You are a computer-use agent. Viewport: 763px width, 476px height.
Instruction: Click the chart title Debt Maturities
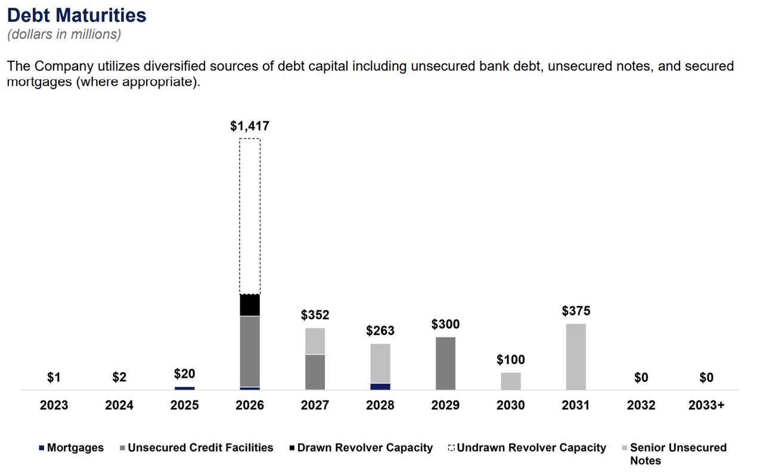(77, 15)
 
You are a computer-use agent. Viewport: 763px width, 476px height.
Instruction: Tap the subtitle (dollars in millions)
(64, 35)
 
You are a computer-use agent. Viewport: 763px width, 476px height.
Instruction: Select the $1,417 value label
(250, 126)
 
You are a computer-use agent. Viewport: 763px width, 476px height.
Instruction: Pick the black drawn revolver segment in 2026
(250, 305)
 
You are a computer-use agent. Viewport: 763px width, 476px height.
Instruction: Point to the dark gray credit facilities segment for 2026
(250, 351)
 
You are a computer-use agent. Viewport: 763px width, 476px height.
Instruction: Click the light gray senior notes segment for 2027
(315, 341)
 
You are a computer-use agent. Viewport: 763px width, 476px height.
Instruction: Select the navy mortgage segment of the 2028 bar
(380, 387)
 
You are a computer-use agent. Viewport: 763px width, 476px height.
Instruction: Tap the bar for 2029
(445, 363)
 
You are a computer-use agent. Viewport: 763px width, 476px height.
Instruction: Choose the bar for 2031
(576, 356)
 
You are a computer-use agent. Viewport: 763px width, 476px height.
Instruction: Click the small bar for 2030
(511, 381)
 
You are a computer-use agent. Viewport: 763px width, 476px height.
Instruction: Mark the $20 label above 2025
(184, 374)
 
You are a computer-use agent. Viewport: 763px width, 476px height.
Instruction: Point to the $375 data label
(576, 311)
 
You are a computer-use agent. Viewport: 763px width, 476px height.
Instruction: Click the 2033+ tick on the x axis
(706, 406)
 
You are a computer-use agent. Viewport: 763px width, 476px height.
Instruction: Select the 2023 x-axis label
(54, 406)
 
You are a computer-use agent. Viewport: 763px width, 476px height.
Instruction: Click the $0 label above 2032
(641, 378)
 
